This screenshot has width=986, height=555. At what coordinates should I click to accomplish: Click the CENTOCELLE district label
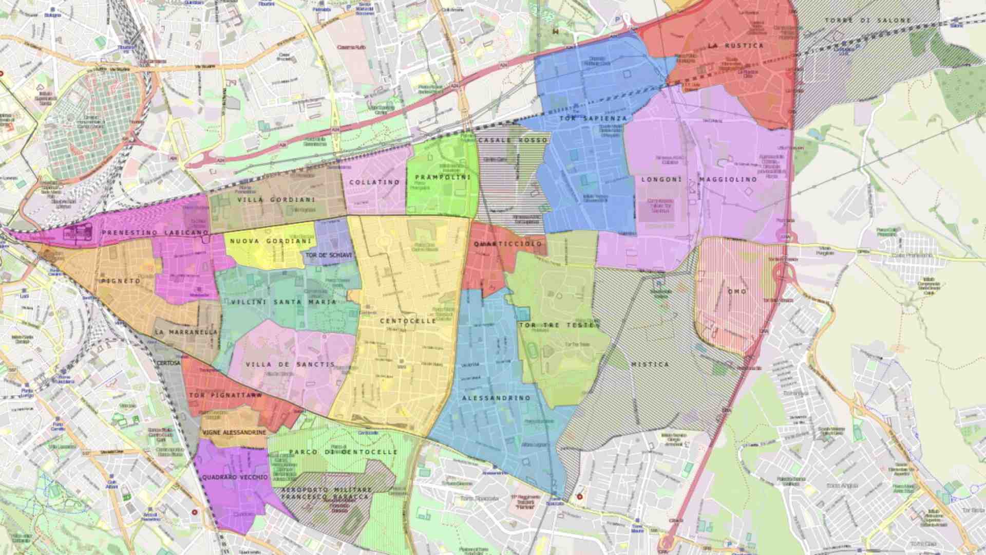pos(408,321)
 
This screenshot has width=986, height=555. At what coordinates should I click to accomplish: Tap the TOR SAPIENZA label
pos(593,118)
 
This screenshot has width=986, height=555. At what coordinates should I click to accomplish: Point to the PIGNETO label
pos(121,281)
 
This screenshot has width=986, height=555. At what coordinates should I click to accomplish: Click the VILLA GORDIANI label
pos(276,199)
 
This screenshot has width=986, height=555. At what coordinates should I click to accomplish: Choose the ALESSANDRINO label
pos(496,398)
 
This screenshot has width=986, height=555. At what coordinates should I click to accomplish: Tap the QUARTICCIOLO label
pos(508,244)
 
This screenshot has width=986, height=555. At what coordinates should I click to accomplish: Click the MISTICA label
pos(650,364)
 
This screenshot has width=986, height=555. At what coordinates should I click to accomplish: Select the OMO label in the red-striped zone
pos(737,291)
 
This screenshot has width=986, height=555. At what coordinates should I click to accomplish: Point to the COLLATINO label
pos(374,182)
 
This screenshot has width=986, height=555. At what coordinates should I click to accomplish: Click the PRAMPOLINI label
pos(443,177)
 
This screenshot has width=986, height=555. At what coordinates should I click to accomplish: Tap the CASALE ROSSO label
pos(513,140)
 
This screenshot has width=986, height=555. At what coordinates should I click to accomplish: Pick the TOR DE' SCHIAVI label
pos(329,255)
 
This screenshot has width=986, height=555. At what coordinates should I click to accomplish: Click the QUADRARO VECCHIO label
pos(235,477)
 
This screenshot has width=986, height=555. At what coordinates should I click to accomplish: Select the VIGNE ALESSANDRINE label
pos(234,433)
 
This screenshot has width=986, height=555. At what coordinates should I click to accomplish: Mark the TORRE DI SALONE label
pos(868,21)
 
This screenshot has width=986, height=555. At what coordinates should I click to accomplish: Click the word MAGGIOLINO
pos(728,179)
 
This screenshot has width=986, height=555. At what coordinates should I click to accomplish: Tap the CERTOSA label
pos(168,363)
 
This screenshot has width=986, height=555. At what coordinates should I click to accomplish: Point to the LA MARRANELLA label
pos(186,332)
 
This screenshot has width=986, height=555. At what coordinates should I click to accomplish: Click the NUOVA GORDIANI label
pos(271,241)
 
